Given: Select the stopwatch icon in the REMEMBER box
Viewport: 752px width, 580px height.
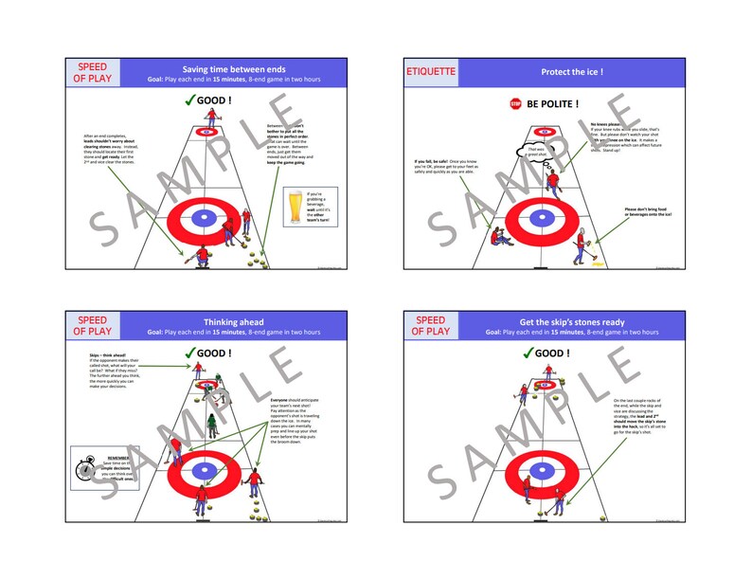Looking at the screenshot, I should pyautogui.click(x=85, y=464).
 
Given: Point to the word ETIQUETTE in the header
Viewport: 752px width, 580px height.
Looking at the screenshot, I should pyautogui.click(x=432, y=72).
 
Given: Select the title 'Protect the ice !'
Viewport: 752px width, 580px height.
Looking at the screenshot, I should pyautogui.click(x=572, y=72).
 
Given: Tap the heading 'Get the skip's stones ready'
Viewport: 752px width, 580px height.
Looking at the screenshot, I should pyautogui.click(x=571, y=322).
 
